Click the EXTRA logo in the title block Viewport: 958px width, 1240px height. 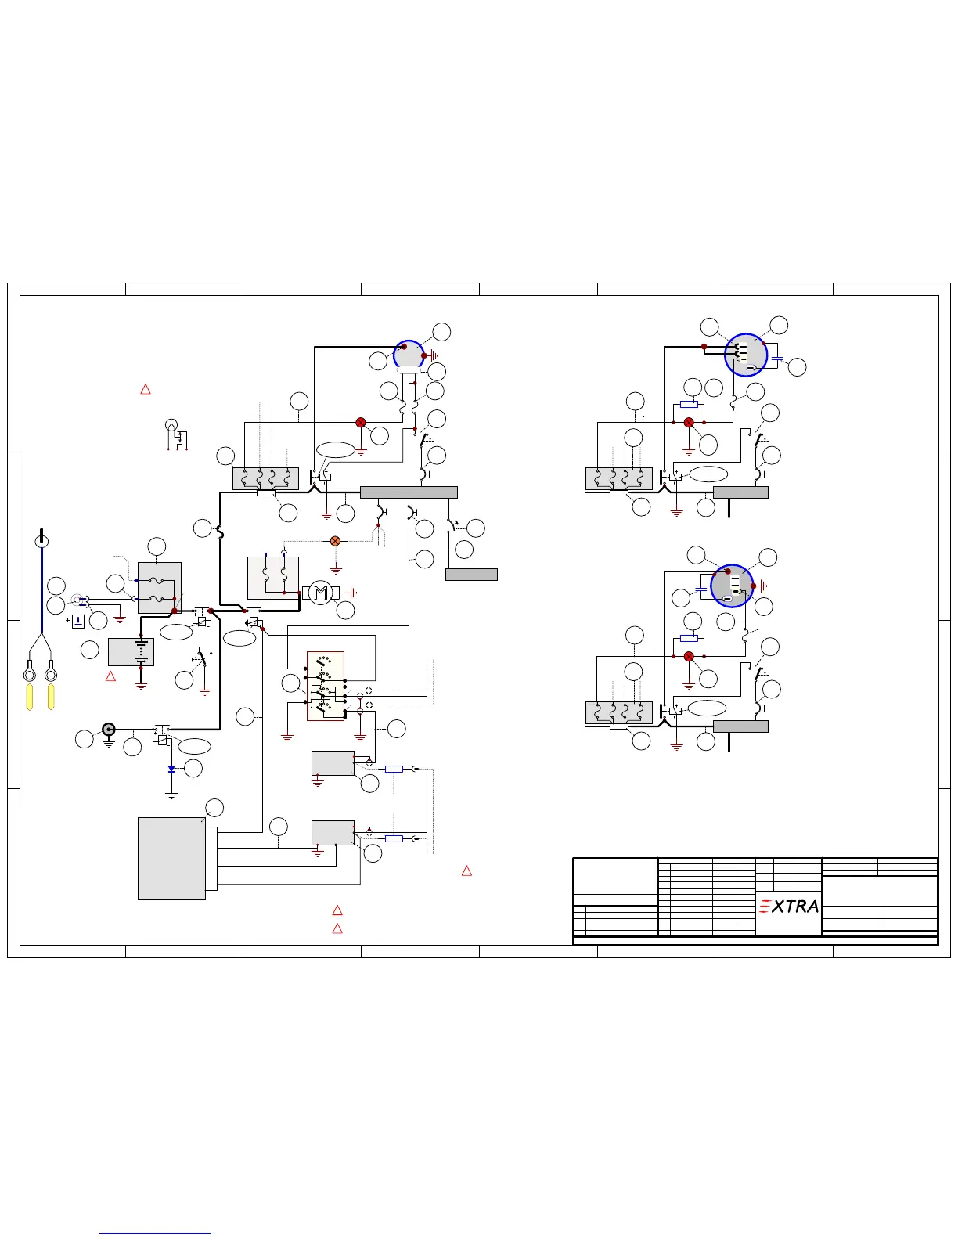(x=789, y=906)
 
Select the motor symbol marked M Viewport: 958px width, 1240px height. (x=320, y=593)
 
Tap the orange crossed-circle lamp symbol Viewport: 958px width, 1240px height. (x=336, y=541)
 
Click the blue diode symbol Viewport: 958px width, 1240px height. (x=171, y=770)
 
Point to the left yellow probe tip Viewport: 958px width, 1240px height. (x=30, y=697)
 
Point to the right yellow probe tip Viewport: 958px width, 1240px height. (x=51, y=697)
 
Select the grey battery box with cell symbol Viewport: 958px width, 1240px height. (x=131, y=652)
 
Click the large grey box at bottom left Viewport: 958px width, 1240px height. (x=171, y=859)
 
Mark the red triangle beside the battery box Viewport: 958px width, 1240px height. (x=110, y=676)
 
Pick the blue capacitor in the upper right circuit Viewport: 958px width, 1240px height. (x=776, y=359)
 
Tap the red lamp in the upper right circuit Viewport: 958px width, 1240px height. (x=689, y=423)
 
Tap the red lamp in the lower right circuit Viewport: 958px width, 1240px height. (x=689, y=657)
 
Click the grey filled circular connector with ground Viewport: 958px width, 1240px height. (x=109, y=730)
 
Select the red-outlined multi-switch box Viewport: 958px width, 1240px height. (x=326, y=686)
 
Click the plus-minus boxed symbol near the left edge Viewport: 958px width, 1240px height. (x=78, y=622)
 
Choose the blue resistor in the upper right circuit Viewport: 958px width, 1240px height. (x=689, y=404)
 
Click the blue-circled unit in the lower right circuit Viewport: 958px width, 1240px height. (x=732, y=586)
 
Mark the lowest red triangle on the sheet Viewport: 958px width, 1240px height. (x=337, y=928)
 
